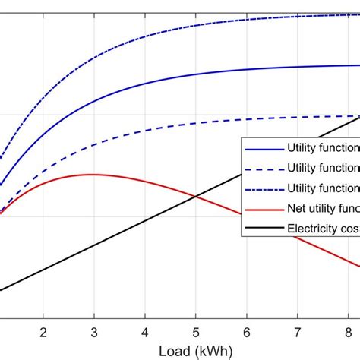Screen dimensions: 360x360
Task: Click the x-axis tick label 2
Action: click(43, 332)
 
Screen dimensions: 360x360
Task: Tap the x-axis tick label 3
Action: click(94, 332)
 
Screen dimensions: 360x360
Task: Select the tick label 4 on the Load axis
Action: click(145, 332)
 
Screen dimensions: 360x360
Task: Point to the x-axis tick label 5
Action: click(195, 332)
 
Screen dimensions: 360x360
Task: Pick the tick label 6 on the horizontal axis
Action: click(246, 332)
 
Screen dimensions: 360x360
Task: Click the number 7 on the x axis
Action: click(297, 332)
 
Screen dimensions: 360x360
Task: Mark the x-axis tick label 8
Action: click(347, 332)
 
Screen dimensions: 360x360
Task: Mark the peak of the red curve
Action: click(92, 174)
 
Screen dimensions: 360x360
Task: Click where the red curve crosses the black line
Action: click(195, 197)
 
